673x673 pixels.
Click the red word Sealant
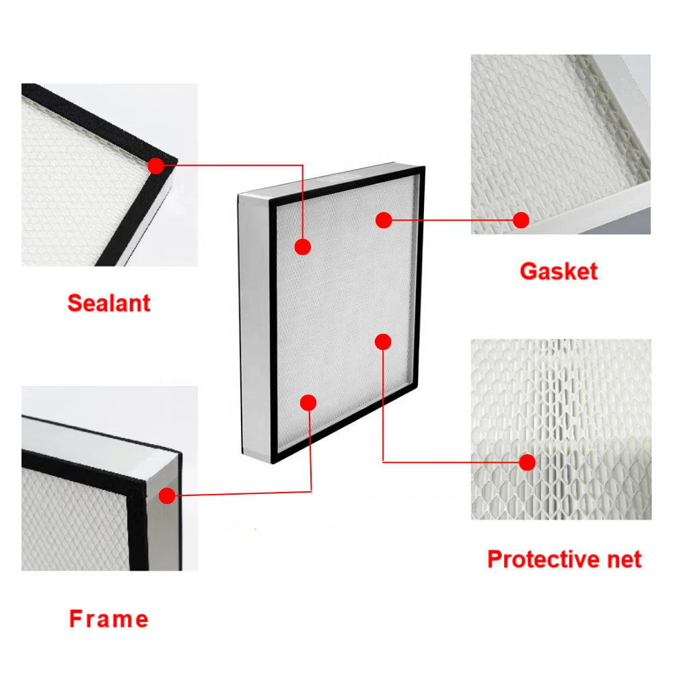coord(109,302)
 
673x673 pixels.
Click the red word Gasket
coord(558,271)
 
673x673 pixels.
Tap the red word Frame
coord(109,618)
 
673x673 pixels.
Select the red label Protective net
coord(564,559)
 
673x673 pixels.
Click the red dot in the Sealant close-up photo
coord(155,165)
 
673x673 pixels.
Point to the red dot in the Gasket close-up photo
coord(520,219)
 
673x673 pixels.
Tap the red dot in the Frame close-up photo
coord(166,496)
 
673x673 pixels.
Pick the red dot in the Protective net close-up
coord(527,462)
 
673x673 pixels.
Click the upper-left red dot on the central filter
coord(303,246)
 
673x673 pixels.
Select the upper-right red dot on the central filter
coord(384,219)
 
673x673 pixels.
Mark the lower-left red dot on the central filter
coord(308,402)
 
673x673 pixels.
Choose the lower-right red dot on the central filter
coord(383,341)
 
